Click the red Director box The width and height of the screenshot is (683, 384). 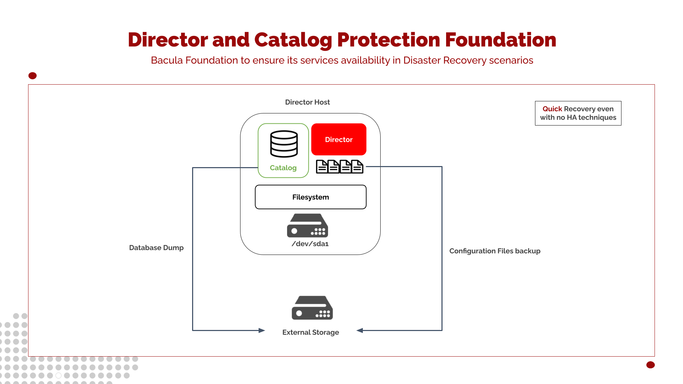339,139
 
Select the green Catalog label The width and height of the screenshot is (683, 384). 283,168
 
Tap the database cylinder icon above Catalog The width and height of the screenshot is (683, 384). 284,144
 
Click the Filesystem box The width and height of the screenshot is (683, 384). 311,197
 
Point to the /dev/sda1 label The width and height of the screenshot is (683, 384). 310,244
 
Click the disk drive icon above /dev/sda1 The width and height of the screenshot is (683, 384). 307,226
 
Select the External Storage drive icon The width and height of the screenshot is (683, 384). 312,308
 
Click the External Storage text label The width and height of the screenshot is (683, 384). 311,332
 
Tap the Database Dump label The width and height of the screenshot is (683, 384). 156,248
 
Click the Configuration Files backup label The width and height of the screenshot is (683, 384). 494,251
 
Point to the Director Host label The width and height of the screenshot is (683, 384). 307,102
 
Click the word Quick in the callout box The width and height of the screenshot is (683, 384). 552,109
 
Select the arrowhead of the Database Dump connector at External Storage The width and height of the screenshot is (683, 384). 262,331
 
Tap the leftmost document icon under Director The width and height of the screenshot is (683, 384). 322,166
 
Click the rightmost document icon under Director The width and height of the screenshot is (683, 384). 357,166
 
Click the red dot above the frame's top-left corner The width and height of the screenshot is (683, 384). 32,76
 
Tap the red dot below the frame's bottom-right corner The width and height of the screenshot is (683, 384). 650,365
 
